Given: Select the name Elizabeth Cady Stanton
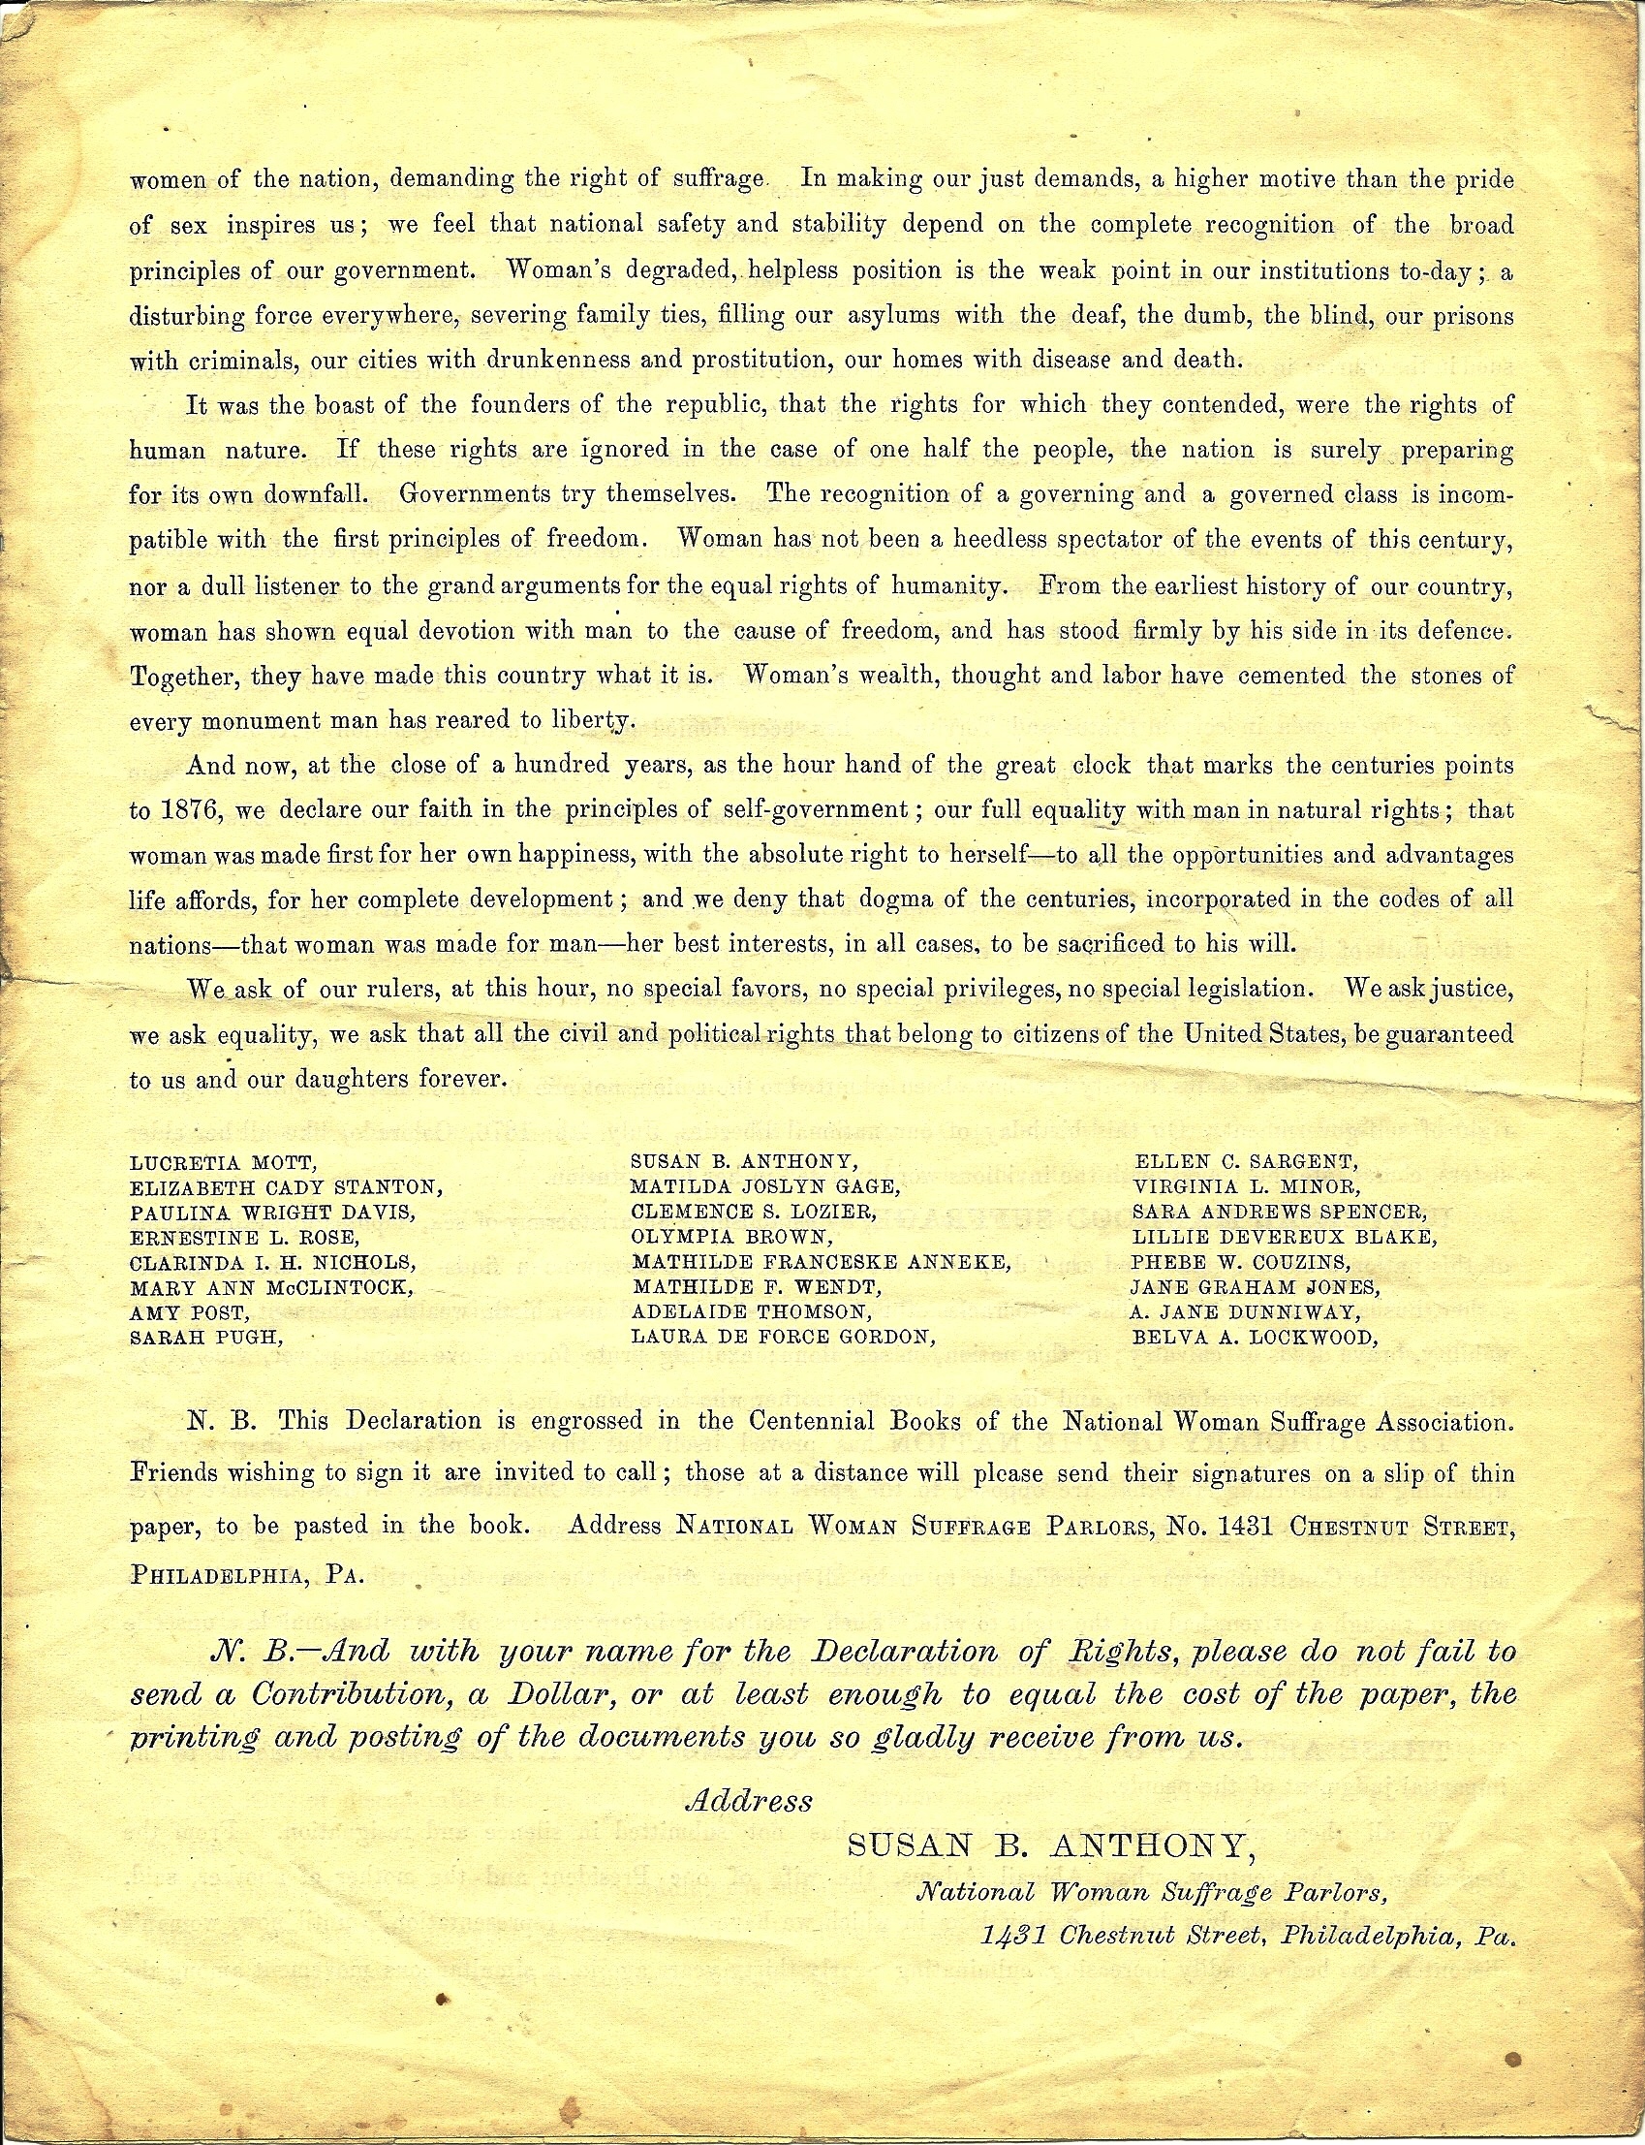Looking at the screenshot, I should [x=286, y=1188].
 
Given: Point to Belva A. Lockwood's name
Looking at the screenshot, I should [x=1255, y=1337].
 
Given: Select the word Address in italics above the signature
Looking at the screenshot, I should [x=750, y=1800].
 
